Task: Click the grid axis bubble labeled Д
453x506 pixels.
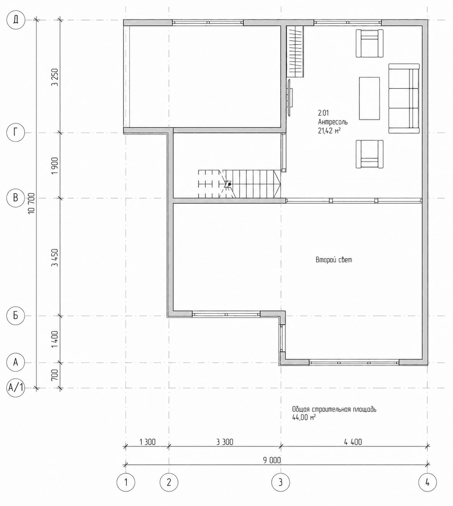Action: (16, 20)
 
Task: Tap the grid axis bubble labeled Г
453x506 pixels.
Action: (16, 132)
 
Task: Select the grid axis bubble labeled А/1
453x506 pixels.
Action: (16, 388)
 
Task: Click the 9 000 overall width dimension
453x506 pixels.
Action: (272, 460)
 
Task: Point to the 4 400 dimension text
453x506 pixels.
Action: (353, 442)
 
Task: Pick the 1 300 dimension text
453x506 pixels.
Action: (147, 442)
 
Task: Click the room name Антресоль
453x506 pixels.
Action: (333, 122)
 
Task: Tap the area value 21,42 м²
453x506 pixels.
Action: (329, 131)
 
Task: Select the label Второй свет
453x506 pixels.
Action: (334, 260)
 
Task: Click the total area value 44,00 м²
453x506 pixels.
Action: (304, 417)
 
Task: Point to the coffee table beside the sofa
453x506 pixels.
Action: (369, 98)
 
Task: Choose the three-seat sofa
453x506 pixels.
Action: (404, 98)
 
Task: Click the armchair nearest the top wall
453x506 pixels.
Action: (369, 43)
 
